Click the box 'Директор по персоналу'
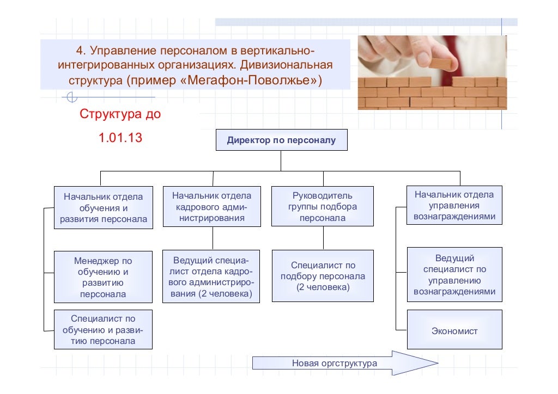click(x=281, y=140)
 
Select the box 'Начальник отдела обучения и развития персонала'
click(x=103, y=207)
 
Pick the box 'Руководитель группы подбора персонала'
click(x=323, y=206)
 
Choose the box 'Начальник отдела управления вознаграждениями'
click(x=454, y=205)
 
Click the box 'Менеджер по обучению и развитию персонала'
click(x=103, y=277)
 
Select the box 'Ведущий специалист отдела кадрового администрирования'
click(x=211, y=276)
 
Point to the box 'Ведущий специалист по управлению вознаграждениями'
click(x=454, y=275)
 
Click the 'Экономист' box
click(x=454, y=330)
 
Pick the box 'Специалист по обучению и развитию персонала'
click(x=103, y=330)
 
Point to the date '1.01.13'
click(x=120, y=138)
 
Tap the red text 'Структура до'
click(x=120, y=115)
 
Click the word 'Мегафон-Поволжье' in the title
click(x=249, y=81)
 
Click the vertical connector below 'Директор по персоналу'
click(x=281, y=161)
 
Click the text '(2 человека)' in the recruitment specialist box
click(x=323, y=287)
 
